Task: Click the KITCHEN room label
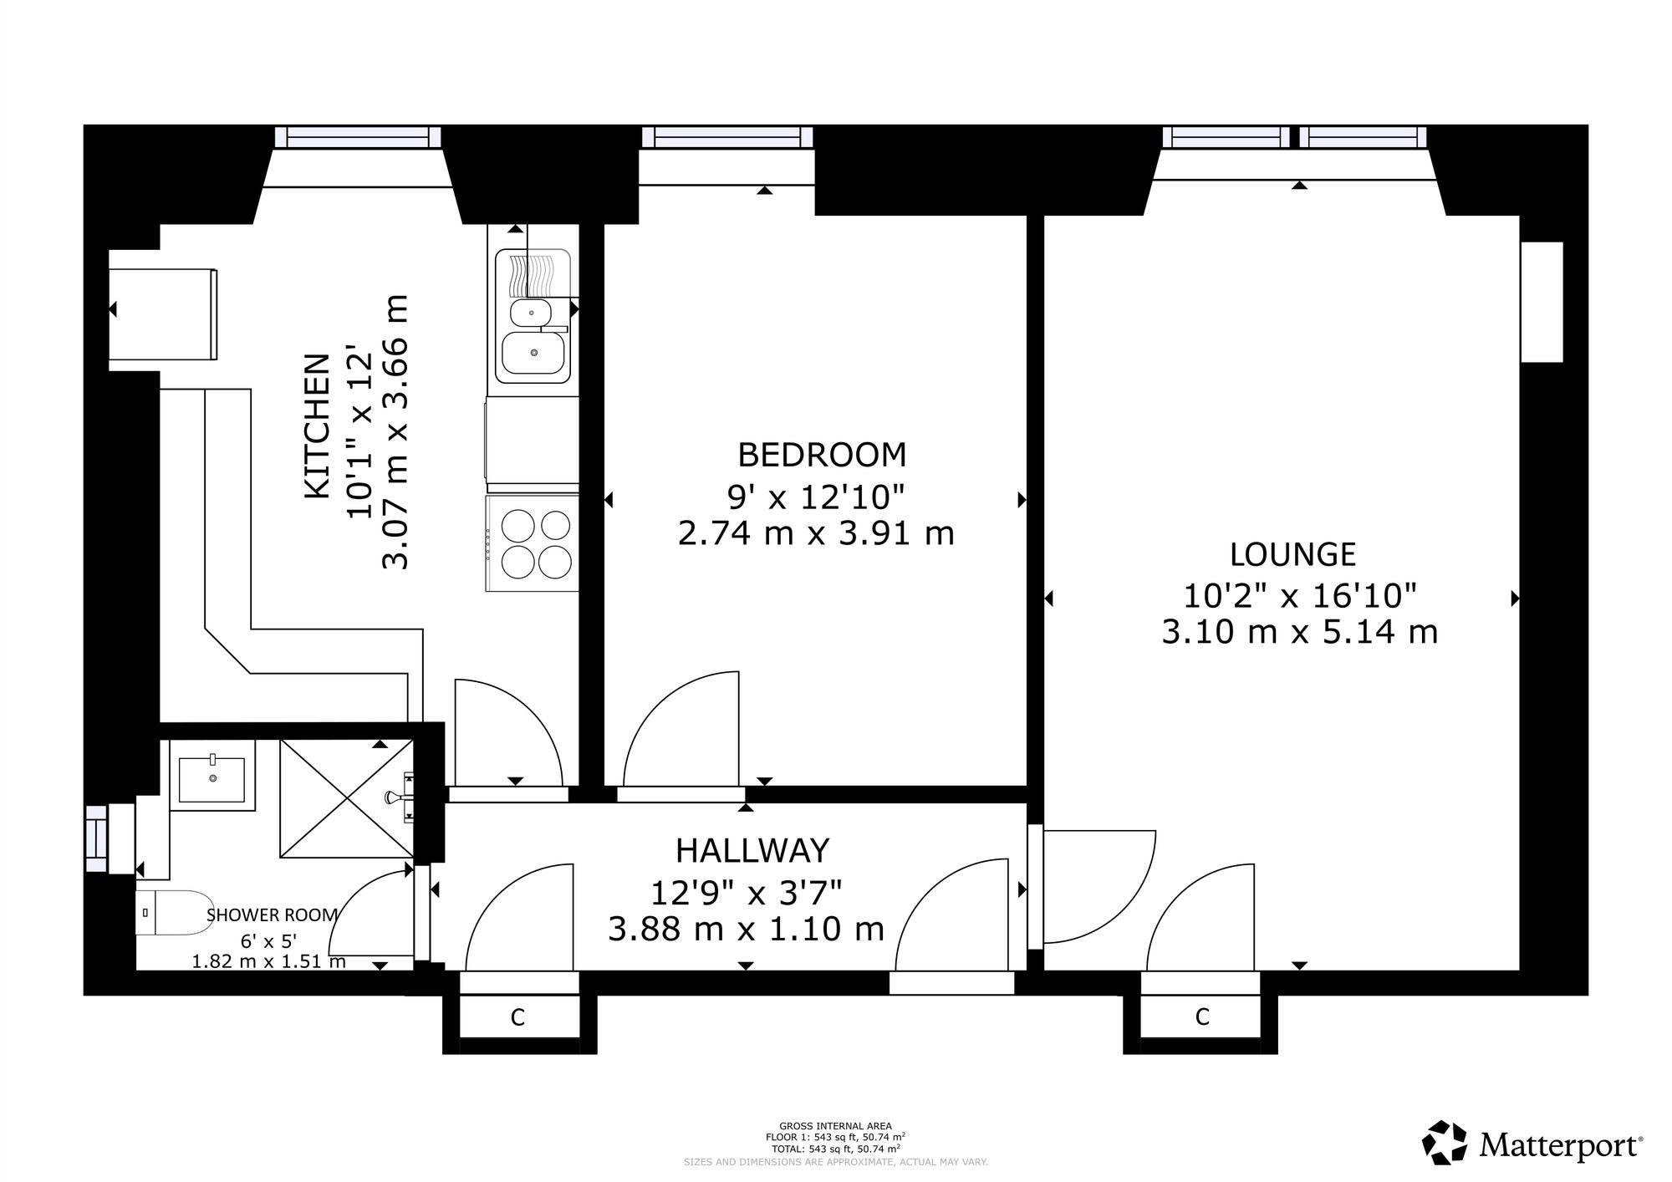317,427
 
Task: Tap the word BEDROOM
822,455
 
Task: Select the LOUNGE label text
1292,554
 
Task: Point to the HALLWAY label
752,850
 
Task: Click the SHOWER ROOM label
272,915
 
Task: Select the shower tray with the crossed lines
346,797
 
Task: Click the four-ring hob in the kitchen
532,543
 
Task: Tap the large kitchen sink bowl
533,354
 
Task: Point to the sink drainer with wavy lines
533,273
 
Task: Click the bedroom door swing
681,729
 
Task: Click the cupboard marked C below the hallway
518,1017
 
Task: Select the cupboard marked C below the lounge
1201,1016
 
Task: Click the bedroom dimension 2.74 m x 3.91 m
816,532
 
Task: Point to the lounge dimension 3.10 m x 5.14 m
1300,631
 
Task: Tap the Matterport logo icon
1445,1142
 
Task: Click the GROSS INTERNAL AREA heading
835,1126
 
